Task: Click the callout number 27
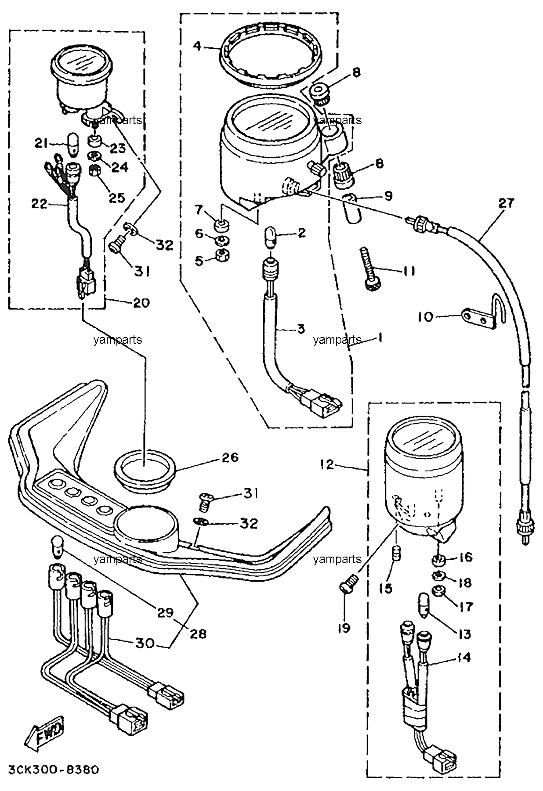[506, 204]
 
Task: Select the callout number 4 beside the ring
[197, 45]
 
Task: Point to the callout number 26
[230, 457]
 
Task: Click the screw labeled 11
[368, 269]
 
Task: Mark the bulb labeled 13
[424, 605]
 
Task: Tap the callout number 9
[387, 196]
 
